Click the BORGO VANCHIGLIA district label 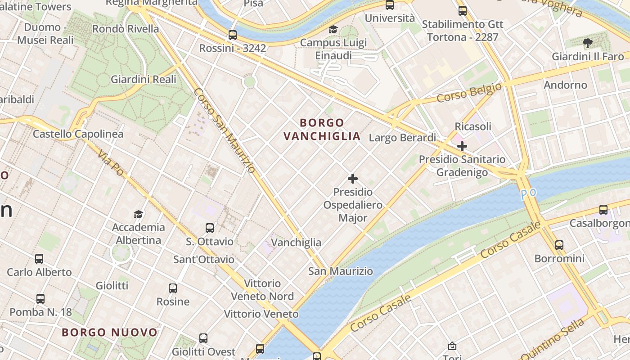tap(322, 129)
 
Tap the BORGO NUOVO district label tap(109, 333)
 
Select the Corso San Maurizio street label tap(225, 130)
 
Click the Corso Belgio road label tap(469, 93)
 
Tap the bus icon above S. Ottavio tap(210, 228)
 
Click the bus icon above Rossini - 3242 tap(233, 35)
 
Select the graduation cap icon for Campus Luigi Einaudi tap(333, 30)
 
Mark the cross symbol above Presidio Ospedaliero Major tap(353, 179)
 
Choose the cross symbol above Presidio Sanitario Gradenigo tap(462, 146)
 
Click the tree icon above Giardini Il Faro tap(587, 43)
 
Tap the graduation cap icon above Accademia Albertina tap(138, 214)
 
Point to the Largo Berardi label tap(402, 138)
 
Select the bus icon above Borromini tap(559, 245)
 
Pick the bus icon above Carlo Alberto tap(39, 259)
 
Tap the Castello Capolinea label tap(78, 134)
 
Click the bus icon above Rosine tap(173, 288)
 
